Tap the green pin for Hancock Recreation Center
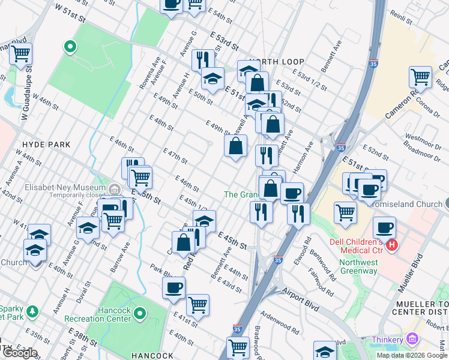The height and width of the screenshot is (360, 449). point(140,313)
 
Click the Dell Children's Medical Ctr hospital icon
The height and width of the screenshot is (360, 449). point(393,245)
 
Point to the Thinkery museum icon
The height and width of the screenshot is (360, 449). point(412,340)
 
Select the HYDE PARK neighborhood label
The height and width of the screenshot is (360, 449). point(46,145)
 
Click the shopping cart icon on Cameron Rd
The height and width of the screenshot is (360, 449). point(420,77)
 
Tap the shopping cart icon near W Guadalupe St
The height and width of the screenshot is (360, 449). point(20,53)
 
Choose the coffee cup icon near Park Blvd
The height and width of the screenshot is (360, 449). point(174,287)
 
